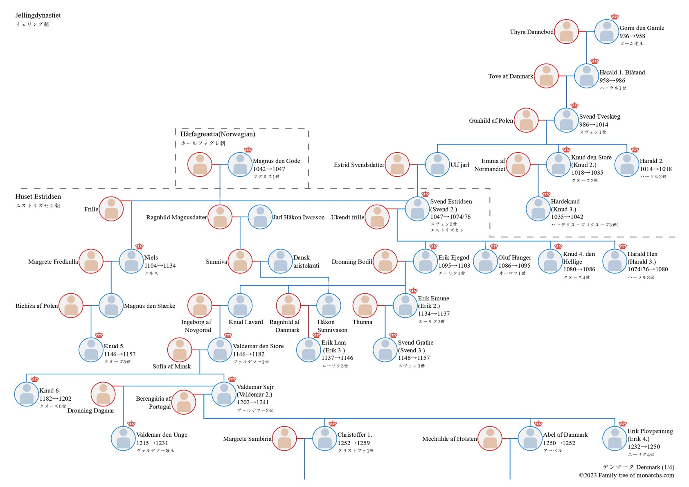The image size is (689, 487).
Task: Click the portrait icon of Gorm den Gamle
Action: [606, 32]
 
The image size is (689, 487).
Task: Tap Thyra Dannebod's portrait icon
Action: [566, 32]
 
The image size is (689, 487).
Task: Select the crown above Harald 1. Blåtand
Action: [594, 61]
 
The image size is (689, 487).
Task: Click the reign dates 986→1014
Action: [593, 124]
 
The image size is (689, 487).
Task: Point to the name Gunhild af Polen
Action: [491, 121]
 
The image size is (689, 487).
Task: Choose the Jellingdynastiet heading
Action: [38, 15]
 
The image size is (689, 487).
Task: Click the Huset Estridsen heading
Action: [38, 196]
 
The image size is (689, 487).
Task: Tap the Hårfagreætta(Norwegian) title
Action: [218, 134]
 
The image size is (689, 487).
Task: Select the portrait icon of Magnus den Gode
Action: [240, 165]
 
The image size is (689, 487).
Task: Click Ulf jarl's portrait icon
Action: [437, 165]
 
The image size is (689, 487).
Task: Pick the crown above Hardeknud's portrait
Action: [546, 194]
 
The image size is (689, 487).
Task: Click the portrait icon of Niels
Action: [131, 261]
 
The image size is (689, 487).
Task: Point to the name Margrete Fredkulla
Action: [53, 262]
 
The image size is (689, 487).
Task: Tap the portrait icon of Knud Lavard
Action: [240, 305]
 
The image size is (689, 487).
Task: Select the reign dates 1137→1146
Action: [337, 358]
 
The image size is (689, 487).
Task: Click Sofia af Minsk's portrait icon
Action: [180, 350]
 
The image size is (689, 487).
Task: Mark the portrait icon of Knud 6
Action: [27, 394]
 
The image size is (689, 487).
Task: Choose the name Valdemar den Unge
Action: [162, 435]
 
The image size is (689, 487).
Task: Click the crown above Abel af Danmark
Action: [538, 424]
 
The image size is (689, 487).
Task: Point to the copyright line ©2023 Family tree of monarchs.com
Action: [626, 475]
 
